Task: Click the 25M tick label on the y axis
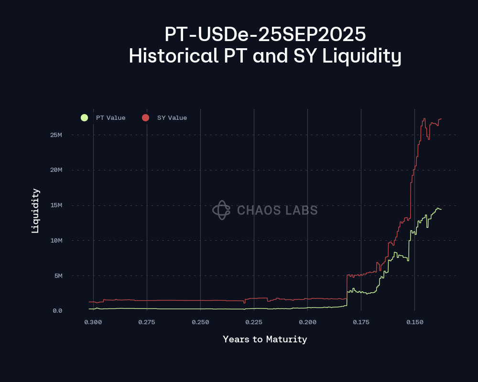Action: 56,135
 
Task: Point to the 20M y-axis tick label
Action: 56,170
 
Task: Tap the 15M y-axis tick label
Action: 56,205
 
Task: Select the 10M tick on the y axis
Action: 56,241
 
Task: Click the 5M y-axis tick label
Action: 57,276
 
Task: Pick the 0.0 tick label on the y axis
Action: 57,311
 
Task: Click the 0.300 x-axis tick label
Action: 93,322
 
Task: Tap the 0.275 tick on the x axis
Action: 147,322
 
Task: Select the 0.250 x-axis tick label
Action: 200,322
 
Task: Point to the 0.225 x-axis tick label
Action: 254,322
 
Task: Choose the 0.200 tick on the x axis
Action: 307,322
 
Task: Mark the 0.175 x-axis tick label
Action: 361,322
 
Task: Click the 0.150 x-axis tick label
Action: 414,322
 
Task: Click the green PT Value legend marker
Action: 85,117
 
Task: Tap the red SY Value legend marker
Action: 146,117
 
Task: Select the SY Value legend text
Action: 172,118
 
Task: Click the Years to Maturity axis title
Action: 265,340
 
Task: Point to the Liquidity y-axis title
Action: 35,211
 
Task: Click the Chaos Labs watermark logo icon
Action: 221,210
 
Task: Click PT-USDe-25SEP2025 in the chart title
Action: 265,34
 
